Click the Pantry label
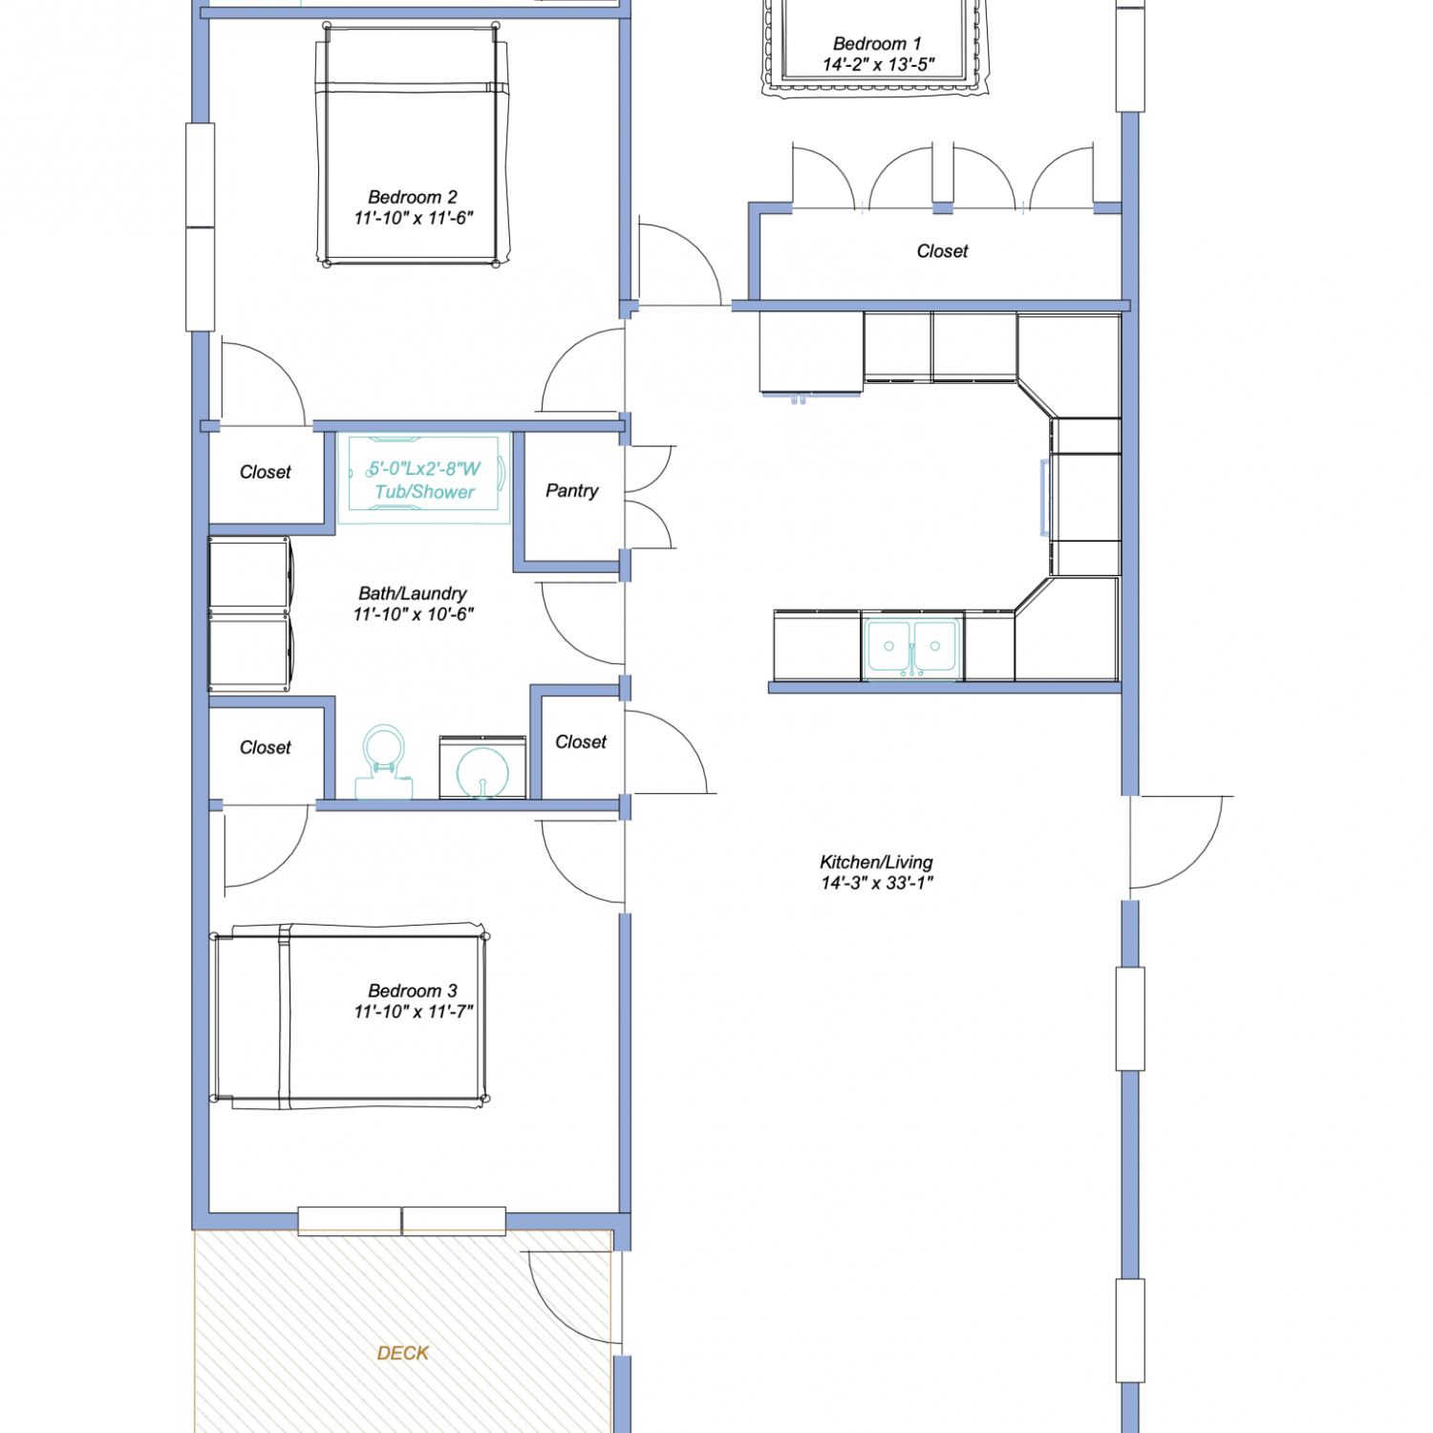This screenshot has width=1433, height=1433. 571,490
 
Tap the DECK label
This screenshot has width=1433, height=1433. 403,1353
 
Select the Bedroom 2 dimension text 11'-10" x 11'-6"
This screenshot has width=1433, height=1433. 414,218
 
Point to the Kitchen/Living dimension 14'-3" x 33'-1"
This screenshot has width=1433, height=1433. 877,883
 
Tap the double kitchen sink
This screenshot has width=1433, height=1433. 911,647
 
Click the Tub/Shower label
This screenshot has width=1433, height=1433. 424,492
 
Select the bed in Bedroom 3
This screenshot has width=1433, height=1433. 350,1016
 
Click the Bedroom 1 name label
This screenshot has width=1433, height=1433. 877,44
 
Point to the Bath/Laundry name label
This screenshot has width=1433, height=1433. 413,593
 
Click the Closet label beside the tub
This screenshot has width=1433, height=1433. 266,472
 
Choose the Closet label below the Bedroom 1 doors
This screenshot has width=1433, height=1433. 942,251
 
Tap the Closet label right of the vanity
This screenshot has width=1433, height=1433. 581,741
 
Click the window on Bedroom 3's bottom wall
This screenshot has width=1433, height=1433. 401,1221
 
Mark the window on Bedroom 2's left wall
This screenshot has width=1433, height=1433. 200,227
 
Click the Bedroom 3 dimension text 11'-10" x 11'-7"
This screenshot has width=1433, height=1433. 414,1012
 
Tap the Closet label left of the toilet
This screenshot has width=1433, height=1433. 266,747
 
